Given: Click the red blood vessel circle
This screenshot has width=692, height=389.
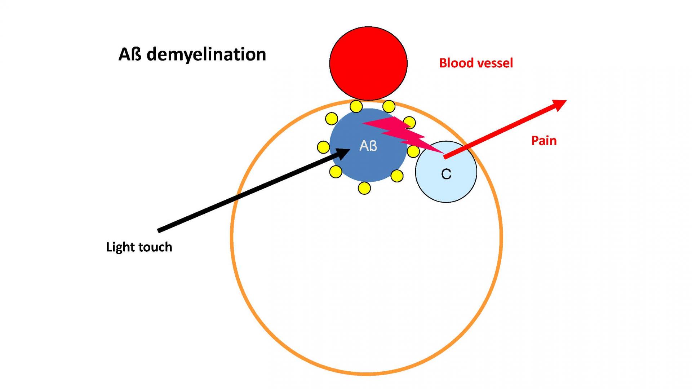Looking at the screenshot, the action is pos(368,63).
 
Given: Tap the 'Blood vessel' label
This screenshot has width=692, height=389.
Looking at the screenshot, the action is pos(476,63).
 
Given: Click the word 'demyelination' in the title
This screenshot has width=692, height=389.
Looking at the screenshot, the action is pos(207,54).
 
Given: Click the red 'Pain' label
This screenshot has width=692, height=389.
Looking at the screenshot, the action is pos(544,140).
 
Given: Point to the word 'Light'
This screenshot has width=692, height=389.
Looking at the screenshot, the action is pos(120,247).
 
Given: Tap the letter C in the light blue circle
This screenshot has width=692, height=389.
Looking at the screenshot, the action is pos(446,174).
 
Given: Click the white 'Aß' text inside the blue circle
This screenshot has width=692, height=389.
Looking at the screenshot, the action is pos(368,146).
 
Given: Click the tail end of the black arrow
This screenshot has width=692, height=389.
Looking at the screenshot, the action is pos(158,231).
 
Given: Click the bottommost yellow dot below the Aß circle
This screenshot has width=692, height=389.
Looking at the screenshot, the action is pos(364,188).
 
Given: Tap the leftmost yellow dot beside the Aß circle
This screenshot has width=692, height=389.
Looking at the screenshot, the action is pos(323,147).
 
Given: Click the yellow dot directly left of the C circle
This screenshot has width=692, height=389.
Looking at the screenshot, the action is pos(413,151).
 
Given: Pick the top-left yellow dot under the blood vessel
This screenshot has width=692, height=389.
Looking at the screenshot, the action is pos(356,106).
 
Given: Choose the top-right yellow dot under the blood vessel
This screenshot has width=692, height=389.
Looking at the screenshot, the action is pos(389,106).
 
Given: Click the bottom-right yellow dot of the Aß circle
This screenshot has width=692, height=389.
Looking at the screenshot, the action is pos(397,176).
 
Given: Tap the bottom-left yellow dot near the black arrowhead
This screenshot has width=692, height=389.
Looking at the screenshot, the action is pos(336,172).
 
